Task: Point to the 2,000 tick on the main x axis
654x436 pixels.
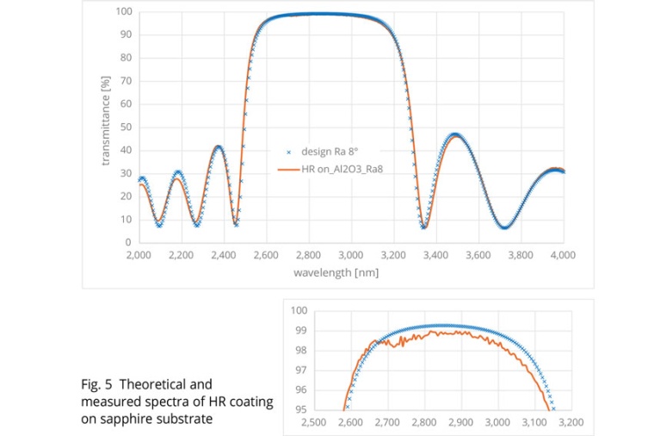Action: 139,255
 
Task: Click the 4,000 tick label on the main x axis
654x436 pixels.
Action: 563,255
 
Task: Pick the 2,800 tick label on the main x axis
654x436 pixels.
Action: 308,255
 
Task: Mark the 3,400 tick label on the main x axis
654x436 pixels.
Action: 435,255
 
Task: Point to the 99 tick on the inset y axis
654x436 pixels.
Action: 299,330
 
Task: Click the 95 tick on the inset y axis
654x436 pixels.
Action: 299,409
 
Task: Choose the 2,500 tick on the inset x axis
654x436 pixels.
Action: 312,423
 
